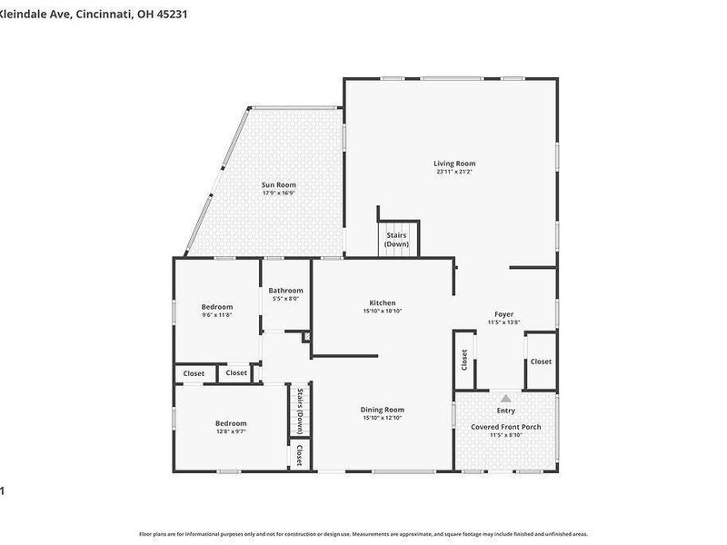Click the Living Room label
click(455, 163)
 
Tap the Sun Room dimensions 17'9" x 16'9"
click(279, 193)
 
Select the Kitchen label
click(383, 302)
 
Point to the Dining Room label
click(383, 410)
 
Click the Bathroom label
click(285, 291)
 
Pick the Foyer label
click(503, 314)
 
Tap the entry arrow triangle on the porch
click(506, 398)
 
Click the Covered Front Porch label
click(506, 426)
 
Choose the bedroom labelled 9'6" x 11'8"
click(217, 307)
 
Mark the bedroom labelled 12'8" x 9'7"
click(231, 423)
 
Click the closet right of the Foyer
click(541, 362)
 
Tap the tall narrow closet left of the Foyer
click(463, 361)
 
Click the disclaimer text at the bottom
click(363, 534)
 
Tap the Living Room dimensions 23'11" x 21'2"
click(455, 172)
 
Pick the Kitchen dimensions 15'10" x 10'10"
click(383, 311)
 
